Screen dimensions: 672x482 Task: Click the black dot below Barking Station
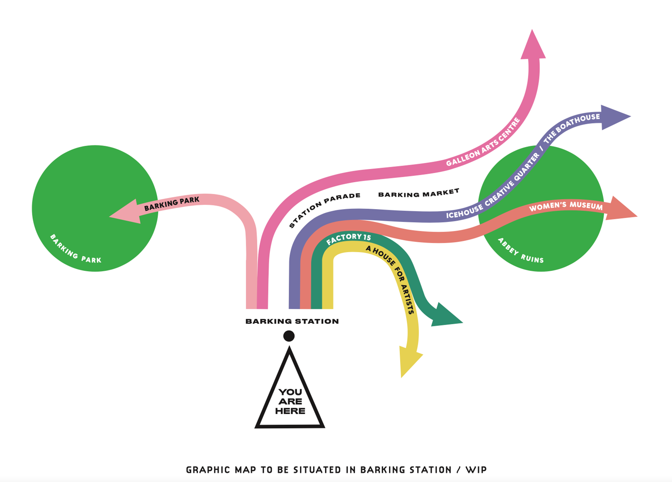pos(289,336)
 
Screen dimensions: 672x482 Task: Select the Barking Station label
pos(292,321)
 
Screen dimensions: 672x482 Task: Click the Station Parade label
pos(324,209)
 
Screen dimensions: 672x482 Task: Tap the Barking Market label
pos(418,193)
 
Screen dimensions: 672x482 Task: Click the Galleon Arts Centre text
pos(483,143)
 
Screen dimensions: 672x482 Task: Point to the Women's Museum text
pos(566,206)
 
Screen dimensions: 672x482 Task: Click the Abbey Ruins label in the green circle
pos(520,251)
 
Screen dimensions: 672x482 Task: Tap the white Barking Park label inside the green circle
pos(75,250)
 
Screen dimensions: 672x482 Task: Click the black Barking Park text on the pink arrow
pos(172,203)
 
